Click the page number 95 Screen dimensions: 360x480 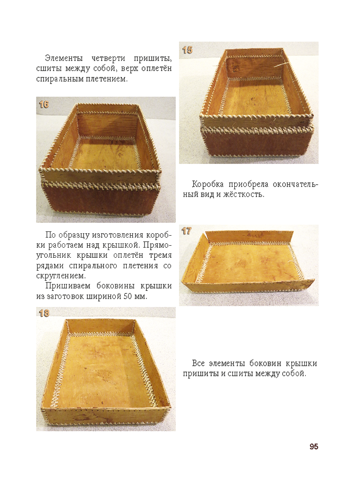pos(314,446)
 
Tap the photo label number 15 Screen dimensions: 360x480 pos(187,50)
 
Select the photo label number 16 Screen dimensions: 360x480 pos(44,104)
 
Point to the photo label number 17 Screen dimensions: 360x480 pos(186,231)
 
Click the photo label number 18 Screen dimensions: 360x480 pos(44,313)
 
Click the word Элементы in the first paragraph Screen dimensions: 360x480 pos(64,58)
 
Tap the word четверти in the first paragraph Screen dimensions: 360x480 pos(108,58)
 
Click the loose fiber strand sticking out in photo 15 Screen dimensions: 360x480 pos(282,65)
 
